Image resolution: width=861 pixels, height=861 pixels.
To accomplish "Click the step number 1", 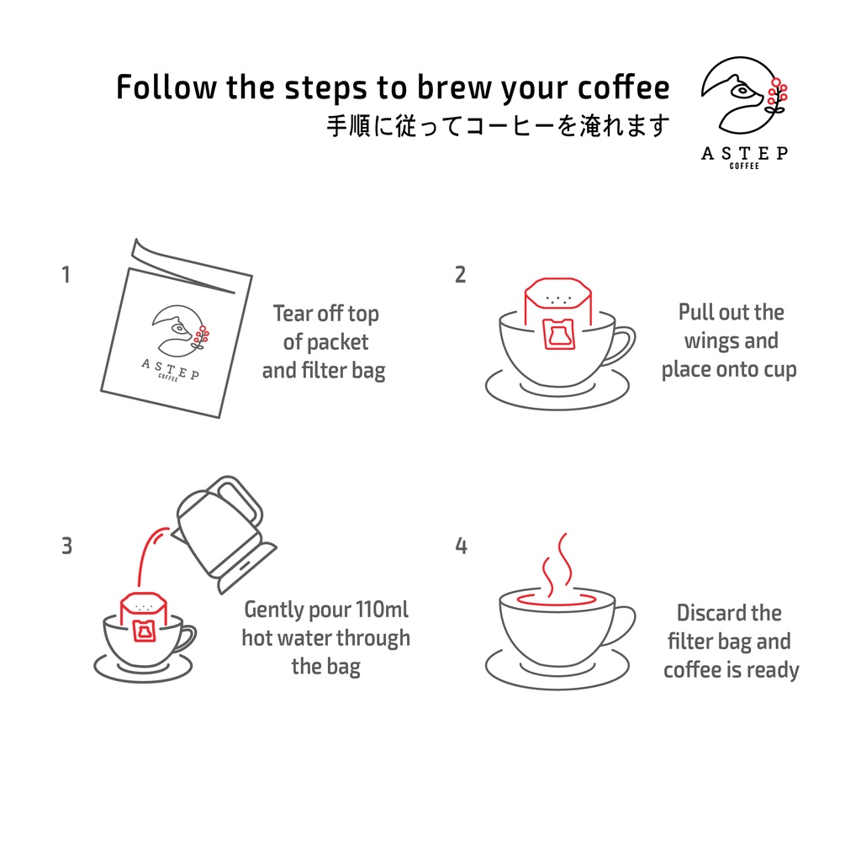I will tap(66, 275).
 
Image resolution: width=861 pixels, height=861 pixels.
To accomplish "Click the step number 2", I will tap(460, 275).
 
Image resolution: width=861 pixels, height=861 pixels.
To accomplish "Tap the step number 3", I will tap(66, 546).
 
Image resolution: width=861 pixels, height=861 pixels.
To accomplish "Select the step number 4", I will tap(461, 546).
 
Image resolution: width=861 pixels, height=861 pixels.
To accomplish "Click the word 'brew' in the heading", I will tap(450, 87).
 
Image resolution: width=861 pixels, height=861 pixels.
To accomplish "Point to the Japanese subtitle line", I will tap(498, 126).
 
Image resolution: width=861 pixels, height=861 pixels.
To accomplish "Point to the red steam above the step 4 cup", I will tap(557, 563).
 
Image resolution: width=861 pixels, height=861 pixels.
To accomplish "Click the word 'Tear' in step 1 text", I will tap(293, 314).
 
